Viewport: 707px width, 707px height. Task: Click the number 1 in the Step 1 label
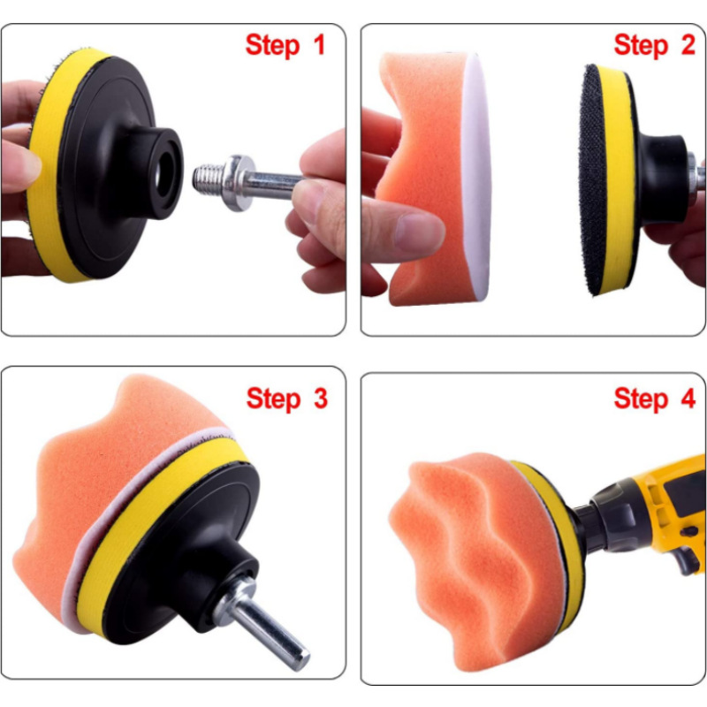click(319, 45)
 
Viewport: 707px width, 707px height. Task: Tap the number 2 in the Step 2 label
click(688, 45)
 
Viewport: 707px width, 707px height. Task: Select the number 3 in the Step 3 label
click(320, 399)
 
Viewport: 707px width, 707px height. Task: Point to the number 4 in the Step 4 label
click(688, 399)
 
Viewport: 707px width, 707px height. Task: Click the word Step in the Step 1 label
click(272, 47)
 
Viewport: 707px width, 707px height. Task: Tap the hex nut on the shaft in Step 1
click(237, 182)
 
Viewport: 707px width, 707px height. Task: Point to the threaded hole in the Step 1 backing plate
click(164, 173)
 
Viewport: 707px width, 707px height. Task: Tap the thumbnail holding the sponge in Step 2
click(418, 232)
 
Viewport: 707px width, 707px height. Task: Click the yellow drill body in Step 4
click(667, 505)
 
